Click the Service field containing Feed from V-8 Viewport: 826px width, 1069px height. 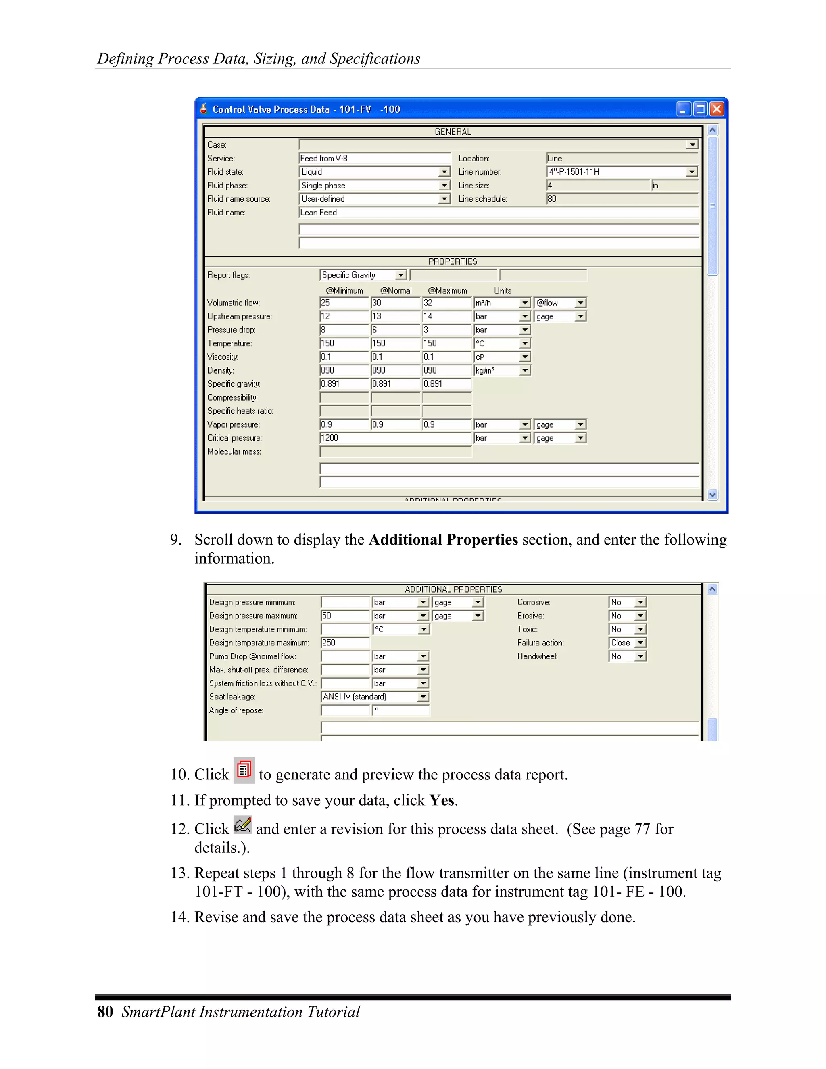coord(374,158)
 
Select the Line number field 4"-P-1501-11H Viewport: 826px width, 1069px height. coord(617,172)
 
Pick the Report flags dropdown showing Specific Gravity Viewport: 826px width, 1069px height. coord(363,275)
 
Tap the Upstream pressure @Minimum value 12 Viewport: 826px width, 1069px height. coord(344,316)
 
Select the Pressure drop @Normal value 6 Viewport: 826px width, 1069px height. coord(395,330)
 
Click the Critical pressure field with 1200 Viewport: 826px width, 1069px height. coord(395,438)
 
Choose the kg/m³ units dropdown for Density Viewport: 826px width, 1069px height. coord(502,371)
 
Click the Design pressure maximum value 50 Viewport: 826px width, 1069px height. coord(344,616)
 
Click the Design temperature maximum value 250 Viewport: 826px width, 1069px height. coord(344,643)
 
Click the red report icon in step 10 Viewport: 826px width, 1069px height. coord(244,770)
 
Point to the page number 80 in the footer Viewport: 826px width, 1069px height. coord(105,1012)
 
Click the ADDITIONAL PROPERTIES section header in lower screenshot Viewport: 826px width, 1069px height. coord(453,589)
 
